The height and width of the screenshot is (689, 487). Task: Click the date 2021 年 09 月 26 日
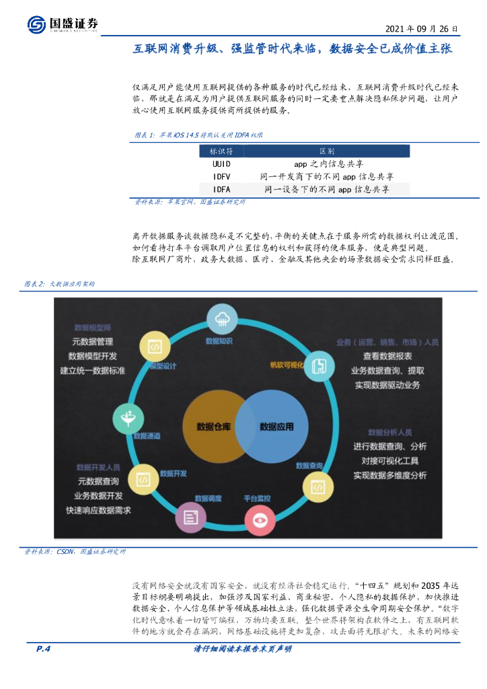click(x=422, y=30)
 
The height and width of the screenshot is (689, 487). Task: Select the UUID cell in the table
click(x=221, y=164)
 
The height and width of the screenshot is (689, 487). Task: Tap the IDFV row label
click(x=221, y=176)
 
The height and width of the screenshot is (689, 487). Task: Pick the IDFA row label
click(x=221, y=189)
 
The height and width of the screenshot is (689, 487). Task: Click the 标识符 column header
click(x=221, y=151)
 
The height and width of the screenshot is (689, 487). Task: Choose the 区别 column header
click(x=326, y=151)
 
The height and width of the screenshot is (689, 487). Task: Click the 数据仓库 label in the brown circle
click(x=214, y=427)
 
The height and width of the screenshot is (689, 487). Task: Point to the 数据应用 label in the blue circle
click(x=276, y=427)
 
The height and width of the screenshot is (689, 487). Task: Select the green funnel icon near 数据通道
click(x=127, y=418)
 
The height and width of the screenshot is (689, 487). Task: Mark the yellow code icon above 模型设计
click(x=153, y=347)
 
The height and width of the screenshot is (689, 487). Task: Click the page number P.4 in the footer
click(x=44, y=649)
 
